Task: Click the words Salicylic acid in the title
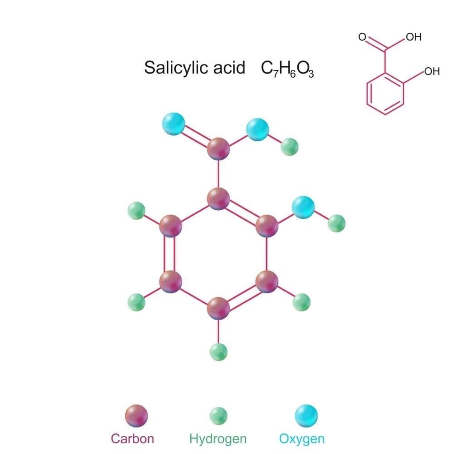(x=195, y=68)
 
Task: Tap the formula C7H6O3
(x=287, y=69)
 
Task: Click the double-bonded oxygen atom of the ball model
(x=173, y=123)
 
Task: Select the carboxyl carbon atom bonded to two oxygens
(x=218, y=148)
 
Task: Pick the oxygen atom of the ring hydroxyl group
(x=303, y=207)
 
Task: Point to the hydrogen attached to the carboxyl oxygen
(x=290, y=147)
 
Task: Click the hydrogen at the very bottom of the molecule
(x=218, y=352)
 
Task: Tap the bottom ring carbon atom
(x=218, y=308)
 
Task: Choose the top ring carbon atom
(x=218, y=199)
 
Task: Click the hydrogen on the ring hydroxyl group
(x=337, y=223)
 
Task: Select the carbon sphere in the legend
(x=136, y=416)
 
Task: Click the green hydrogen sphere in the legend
(x=218, y=416)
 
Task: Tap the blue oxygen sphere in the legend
(x=306, y=416)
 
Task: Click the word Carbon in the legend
(x=132, y=439)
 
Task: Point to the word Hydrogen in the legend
(x=218, y=439)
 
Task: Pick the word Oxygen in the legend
(x=302, y=439)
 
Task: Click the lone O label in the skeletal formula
(x=362, y=37)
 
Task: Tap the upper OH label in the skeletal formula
(x=414, y=37)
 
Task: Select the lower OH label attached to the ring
(x=432, y=71)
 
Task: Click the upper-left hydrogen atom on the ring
(x=136, y=211)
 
